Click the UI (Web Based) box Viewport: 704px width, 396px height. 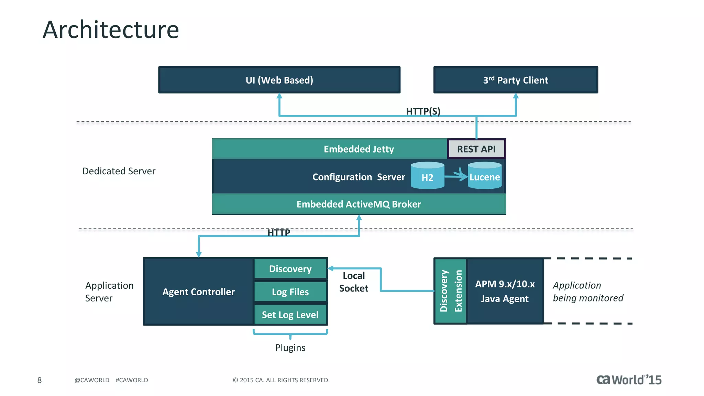[279, 80]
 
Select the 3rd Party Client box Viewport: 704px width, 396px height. [515, 80]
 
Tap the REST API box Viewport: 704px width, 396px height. [476, 149]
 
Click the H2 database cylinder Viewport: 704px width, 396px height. [427, 176]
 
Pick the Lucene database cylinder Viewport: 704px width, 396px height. [485, 176]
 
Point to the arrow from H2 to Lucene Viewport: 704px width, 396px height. [456, 176]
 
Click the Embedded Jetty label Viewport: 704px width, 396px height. [359, 149]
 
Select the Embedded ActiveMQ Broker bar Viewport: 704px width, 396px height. [359, 204]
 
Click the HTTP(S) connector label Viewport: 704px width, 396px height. [423, 111]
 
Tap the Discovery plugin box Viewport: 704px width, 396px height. [290, 268]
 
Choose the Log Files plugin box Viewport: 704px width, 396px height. [290, 292]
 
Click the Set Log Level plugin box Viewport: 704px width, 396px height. [290, 315]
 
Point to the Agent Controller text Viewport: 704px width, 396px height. [198, 292]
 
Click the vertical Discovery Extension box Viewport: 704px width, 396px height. [451, 291]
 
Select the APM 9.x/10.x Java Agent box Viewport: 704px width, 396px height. [505, 291]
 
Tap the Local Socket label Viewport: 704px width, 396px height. [354, 282]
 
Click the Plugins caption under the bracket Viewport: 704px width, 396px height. [290, 348]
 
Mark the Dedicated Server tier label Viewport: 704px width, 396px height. [119, 171]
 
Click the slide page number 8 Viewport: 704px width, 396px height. [40, 380]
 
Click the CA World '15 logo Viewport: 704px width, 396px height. [629, 379]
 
